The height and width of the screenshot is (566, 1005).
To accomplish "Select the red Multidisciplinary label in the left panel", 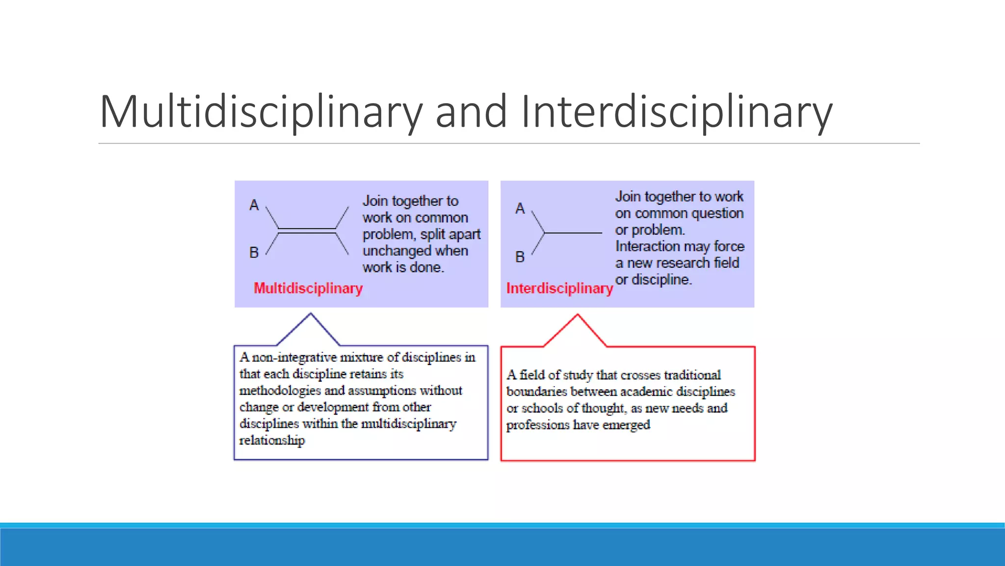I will pos(308,288).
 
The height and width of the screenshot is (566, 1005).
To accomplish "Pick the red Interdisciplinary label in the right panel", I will pos(559,288).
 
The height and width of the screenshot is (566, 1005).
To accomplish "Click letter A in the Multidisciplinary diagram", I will pos(254,205).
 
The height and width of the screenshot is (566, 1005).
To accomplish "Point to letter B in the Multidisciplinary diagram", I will pos(254,253).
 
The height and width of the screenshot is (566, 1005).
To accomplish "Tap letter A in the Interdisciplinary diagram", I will pos(520,208).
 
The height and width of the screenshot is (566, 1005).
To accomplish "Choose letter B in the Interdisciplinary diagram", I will pos(520,256).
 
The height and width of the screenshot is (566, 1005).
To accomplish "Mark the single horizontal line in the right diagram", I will pos(573,233).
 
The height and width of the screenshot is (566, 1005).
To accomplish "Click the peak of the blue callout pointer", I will pos(311,314).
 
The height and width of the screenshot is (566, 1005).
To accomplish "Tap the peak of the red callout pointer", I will pos(578,315).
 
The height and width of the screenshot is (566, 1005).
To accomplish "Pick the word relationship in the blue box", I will pos(272,440).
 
